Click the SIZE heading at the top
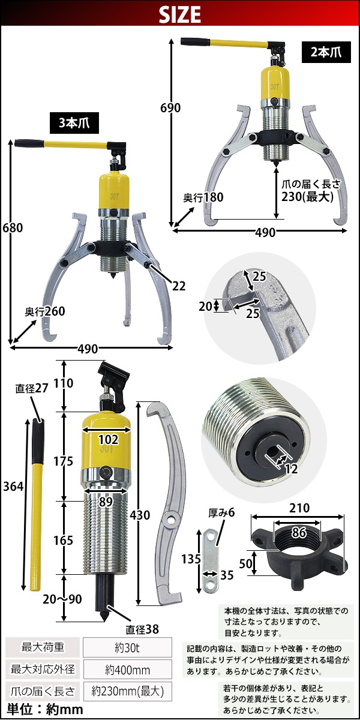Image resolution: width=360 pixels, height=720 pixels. (x=180, y=14)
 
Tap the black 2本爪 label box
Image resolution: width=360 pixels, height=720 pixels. (x=326, y=52)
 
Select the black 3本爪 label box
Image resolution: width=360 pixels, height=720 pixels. (x=74, y=123)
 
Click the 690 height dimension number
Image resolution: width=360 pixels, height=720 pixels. (x=170, y=108)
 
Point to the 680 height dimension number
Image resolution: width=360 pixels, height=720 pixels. (x=13, y=228)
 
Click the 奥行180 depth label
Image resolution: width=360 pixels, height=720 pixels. (x=203, y=197)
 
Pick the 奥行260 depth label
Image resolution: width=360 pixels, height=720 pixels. (x=45, y=311)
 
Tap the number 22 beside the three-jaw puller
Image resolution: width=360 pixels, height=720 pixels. (x=179, y=286)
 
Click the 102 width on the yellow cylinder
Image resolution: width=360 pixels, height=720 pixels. (x=108, y=439)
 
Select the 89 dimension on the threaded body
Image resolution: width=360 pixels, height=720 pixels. (x=106, y=502)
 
